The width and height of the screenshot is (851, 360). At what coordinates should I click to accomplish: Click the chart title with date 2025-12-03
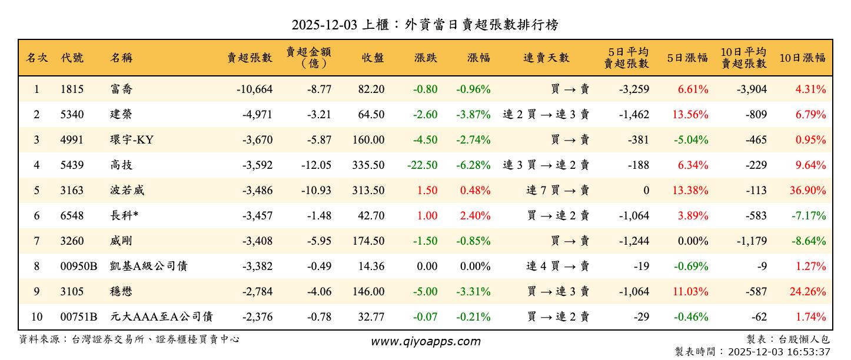[425, 25]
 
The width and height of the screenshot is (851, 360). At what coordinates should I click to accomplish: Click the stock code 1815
[72, 89]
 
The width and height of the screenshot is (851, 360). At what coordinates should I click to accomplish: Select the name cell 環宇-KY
[132, 140]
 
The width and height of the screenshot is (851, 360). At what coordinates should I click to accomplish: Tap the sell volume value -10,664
[254, 89]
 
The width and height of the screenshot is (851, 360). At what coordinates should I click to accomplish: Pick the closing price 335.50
[368, 165]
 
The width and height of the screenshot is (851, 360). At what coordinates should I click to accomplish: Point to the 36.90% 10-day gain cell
[810, 191]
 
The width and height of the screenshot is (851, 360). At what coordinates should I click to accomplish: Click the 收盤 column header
[373, 58]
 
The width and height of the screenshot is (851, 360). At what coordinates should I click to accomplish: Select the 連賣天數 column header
[547, 58]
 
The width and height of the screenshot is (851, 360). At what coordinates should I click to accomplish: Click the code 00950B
[78, 266]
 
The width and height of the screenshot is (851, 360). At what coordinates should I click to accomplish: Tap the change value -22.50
[422, 165]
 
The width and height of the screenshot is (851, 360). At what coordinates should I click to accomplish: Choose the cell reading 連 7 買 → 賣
[557, 191]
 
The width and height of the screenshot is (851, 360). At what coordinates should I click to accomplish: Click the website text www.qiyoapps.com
[425, 341]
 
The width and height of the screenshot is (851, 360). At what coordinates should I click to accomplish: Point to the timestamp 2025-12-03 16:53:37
[779, 352]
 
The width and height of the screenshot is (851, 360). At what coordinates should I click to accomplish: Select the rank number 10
[36, 317]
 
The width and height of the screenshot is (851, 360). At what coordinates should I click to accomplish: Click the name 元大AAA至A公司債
[161, 317]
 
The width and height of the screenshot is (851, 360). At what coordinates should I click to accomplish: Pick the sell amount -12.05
[316, 165]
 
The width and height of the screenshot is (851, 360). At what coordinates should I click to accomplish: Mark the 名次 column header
[36, 58]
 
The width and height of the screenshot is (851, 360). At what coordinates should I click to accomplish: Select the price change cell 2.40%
[475, 216]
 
